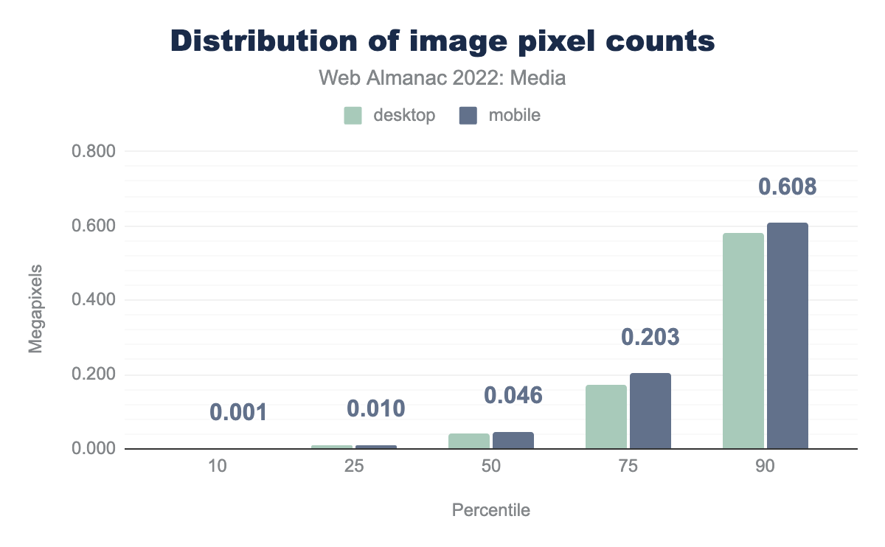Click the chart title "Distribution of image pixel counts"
[x=442, y=41]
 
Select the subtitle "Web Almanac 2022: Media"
[x=442, y=77]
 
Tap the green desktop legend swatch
[x=353, y=116]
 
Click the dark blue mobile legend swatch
[x=468, y=116]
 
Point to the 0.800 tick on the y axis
[x=94, y=152]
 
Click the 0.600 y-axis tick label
[x=94, y=226]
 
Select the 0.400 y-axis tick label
[x=94, y=301]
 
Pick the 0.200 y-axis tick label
[x=94, y=375]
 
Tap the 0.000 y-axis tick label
[x=94, y=449]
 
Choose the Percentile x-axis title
[x=491, y=510]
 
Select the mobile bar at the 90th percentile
[x=788, y=335]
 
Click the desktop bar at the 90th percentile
[x=743, y=341]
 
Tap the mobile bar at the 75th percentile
[x=650, y=411]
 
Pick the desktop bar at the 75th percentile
[x=606, y=417]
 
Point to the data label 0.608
[x=788, y=187]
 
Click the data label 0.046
[x=513, y=395]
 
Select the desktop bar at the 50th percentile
[x=469, y=441]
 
